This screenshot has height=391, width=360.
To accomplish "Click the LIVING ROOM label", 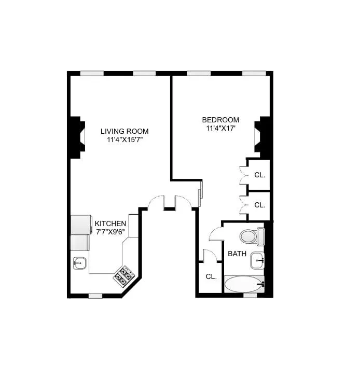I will click(124, 131).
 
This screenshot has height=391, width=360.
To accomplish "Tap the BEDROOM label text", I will click(220, 120).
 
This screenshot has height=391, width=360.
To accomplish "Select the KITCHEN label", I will click(110, 224).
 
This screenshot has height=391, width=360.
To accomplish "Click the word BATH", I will click(237, 254).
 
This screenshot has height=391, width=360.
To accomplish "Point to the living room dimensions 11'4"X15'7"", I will click(124, 140).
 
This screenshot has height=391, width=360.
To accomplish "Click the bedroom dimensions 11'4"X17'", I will click(221, 129).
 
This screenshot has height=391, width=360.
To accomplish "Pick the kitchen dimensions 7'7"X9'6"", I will click(110, 232).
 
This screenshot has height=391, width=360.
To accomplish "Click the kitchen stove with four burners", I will click(124, 276).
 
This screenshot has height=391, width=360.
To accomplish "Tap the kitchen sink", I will click(79, 263).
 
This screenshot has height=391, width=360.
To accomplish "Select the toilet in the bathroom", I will click(252, 237).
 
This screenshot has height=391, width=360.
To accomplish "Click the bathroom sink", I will click(257, 260).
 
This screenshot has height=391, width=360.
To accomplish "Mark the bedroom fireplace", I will click(262, 136).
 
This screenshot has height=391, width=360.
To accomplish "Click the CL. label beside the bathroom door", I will click(211, 276).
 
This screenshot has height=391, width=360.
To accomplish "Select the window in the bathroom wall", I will click(250, 295).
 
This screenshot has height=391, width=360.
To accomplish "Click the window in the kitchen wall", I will click(95, 296).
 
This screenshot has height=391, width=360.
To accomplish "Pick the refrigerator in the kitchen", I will click(80, 225).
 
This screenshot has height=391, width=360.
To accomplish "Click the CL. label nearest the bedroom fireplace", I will click(260, 175).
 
